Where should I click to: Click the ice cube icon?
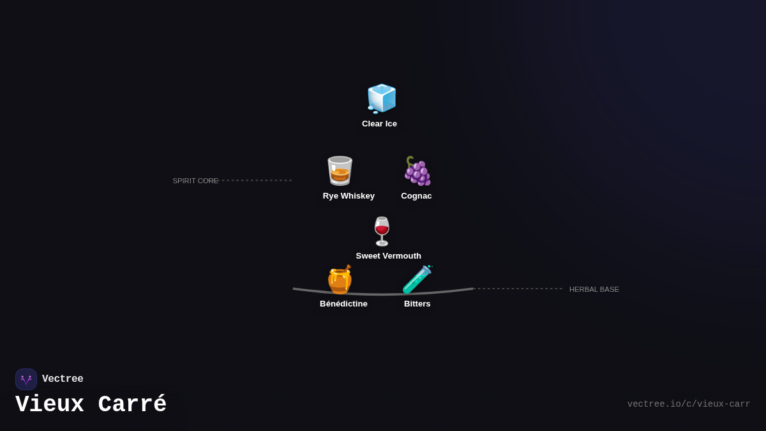382,98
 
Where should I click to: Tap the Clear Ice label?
379,124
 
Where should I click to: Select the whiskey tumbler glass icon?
340,170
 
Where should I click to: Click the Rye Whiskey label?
349,196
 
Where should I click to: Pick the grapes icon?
417,170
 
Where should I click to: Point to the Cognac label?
416,196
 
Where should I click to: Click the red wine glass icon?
382,231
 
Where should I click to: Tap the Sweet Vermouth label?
388,256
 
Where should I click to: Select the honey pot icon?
340,280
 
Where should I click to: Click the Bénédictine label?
343,304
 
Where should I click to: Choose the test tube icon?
417,280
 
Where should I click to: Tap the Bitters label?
417,304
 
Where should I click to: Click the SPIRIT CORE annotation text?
195,181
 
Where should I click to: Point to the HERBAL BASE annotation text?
594,289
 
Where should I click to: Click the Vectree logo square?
26,379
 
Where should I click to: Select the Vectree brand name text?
63,379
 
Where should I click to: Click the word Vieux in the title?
50,405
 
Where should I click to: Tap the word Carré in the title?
132,405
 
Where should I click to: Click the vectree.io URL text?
688,404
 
